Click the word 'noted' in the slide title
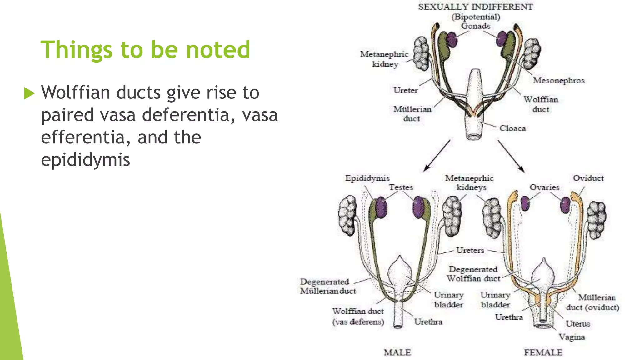[218, 49]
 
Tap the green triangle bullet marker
[29, 93]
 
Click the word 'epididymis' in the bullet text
[85, 160]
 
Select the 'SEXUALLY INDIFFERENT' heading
[475, 7]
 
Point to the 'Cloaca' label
[512, 128]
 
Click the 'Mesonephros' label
[558, 81]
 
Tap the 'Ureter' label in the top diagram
[405, 90]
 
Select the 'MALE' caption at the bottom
[397, 352]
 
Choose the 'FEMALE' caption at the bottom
[543, 352]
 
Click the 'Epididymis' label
[367, 178]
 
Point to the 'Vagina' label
[572, 337]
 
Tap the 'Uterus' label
[577, 324]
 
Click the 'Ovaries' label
[544, 187]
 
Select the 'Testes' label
[401, 187]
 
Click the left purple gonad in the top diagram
[452, 39]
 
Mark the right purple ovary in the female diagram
[565, 205]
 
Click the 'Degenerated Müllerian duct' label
[328, 286]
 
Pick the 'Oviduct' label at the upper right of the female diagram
[588, 178]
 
